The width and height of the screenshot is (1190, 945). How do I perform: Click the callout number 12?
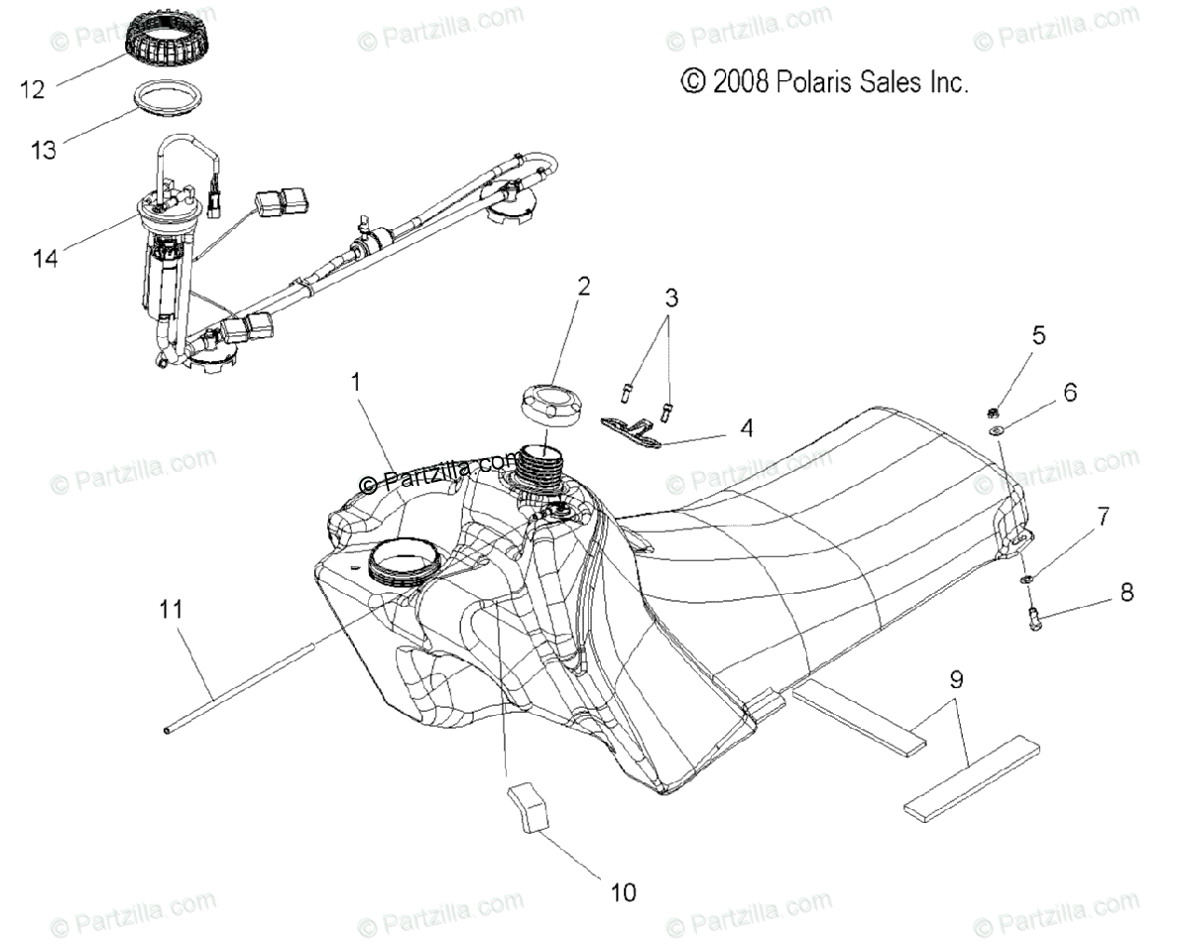32,89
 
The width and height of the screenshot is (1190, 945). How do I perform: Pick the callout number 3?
671,296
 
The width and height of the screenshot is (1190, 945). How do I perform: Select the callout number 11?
172,608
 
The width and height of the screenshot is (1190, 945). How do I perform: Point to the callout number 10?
622,891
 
